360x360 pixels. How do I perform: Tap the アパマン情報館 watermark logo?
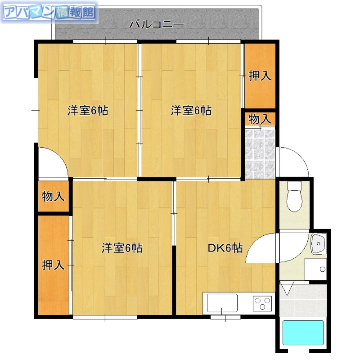[49, 13]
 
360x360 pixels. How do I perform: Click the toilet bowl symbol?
[295, 197]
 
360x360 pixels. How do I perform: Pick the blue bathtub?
[303, 333]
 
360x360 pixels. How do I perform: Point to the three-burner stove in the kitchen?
[262, 303]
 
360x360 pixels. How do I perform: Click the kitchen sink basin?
[222, 303]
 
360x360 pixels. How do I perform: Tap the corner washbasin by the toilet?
[318, 243]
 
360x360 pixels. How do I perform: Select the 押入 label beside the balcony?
[260, 76]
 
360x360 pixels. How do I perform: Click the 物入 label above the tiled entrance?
[260, 119]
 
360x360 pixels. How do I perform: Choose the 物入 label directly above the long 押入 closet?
[53, 197]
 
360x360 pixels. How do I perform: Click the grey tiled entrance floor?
[260, 153]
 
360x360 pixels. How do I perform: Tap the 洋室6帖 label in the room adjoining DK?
[121, 248]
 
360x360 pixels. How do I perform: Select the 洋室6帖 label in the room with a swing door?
[88, 111]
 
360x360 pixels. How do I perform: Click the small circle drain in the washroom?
[322, 270]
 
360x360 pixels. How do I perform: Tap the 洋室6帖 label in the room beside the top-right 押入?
[191, 111]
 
